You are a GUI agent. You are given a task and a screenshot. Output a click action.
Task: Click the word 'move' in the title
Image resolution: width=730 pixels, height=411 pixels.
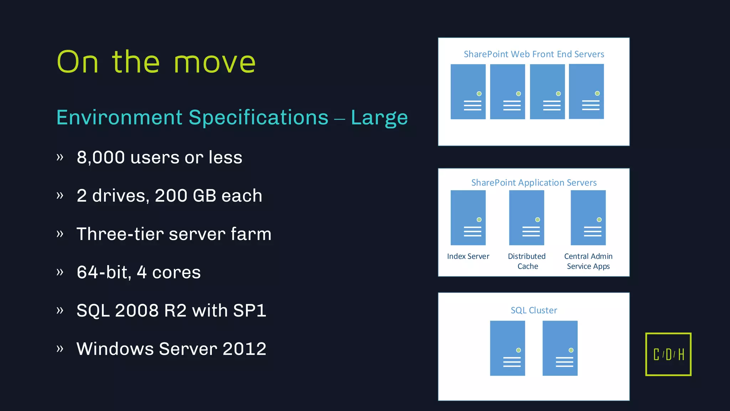tap(215, 62)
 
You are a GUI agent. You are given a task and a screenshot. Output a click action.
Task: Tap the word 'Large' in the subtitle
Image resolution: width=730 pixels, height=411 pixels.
tap(379, 118)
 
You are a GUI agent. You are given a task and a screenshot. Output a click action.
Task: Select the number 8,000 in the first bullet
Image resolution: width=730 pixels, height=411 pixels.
tap(101, 157)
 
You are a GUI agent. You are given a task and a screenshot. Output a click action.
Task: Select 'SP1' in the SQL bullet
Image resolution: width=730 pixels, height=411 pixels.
tap(250, 310)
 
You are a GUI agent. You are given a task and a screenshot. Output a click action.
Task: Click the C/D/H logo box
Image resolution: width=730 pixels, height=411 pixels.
tap(668, 354)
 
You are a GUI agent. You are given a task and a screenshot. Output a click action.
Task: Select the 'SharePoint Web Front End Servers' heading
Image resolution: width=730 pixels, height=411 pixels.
tap(534, 54)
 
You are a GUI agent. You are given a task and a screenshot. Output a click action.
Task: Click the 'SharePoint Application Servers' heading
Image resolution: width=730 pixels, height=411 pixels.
tap(534, 183)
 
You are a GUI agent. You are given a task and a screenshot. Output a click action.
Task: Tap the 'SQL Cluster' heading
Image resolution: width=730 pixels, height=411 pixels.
tap(534, 310)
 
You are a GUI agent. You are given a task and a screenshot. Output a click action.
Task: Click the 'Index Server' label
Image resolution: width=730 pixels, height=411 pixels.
tap(468, 256)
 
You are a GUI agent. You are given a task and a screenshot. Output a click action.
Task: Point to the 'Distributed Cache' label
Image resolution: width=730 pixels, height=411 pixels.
tap(527, 261)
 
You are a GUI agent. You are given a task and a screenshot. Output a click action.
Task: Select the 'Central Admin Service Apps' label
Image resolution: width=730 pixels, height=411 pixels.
tap(588, 261)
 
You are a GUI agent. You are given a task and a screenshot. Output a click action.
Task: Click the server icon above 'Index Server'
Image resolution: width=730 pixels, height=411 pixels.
tap(468, 218)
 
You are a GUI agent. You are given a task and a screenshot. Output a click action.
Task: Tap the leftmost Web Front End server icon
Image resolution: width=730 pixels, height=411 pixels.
tap(468, 92)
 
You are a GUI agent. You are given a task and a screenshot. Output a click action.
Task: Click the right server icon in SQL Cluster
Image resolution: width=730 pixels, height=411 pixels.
tap(560, 348)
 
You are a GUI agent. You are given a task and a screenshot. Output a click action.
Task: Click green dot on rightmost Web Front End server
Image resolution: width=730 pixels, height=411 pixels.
tap(597, 93)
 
